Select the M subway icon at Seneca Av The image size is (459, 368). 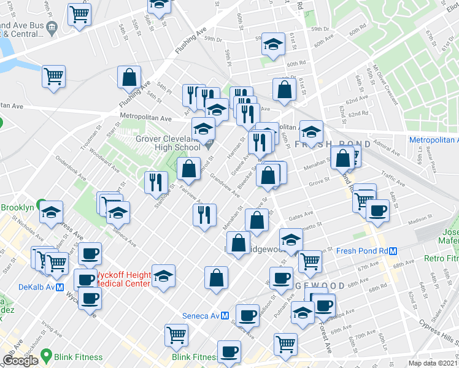(225, 316)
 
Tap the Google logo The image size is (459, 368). (20, 361)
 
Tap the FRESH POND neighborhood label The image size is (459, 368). (332, 144)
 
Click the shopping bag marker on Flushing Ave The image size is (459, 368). (129, 77)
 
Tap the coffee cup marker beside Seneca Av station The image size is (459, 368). (247, 315)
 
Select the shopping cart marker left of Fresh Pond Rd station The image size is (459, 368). (310, 262)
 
